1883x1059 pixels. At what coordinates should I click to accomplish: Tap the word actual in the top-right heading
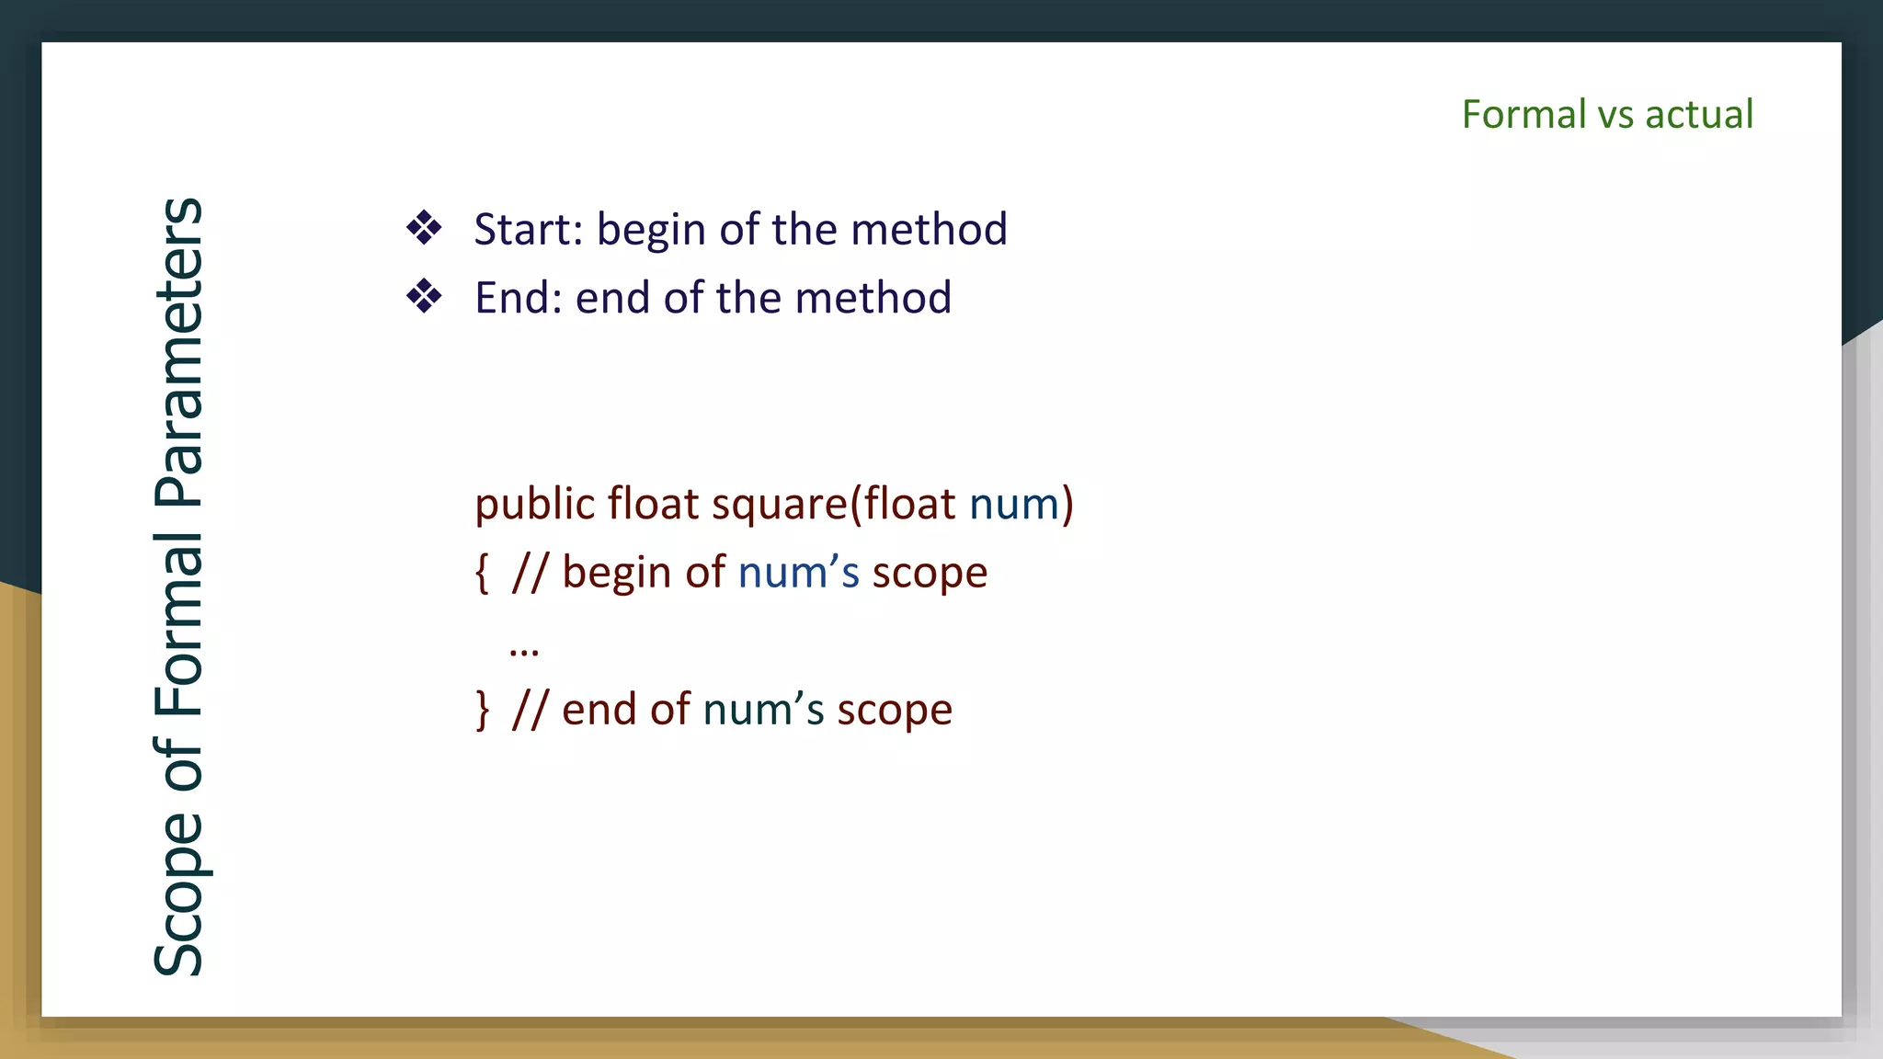[x=1699, y=115]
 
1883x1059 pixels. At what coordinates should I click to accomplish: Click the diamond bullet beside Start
[x=424, y=228]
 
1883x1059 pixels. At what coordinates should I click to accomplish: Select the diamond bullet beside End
[x=424, y=297]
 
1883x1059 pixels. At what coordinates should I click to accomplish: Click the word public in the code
[x=534, y=505]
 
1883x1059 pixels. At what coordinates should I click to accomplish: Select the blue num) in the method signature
[x=1021, y=505]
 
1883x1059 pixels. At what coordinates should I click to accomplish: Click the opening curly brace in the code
[x=482, y=574]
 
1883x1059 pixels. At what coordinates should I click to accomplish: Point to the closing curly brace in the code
[x=482, y=711]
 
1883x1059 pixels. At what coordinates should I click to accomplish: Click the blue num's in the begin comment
[x=798, y=573]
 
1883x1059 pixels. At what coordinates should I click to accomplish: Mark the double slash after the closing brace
[x=530, y=710]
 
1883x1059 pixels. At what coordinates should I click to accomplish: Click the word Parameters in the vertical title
[x=178, y=352]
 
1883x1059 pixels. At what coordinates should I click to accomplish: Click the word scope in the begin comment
[x=930, y=574]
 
